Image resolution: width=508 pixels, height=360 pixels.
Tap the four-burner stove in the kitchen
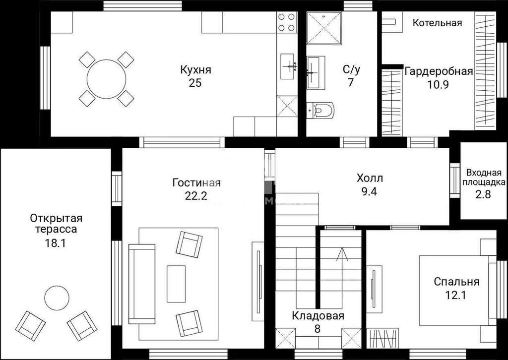coord(287,22)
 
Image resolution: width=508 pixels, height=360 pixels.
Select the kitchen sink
coord(287,66)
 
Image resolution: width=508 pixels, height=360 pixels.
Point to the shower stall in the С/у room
coord(324,28)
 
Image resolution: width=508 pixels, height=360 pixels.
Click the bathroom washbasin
coord(316,72)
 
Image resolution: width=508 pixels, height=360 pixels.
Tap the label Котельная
coord(438,23)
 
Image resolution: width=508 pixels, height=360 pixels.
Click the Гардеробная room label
coord(439,71)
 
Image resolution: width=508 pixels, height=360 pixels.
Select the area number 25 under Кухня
coord(195,83)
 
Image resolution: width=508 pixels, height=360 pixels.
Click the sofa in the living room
coord(142,284)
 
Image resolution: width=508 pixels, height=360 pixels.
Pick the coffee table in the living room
coord(176,284)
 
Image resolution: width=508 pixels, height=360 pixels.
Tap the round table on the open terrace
coord(57,298)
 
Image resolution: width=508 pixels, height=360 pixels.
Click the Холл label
coord(370,178)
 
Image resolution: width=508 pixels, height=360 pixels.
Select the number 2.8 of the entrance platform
coord(483,194)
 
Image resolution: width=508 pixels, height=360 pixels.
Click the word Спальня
coord(456,282)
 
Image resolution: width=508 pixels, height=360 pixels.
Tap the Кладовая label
coord(317,316)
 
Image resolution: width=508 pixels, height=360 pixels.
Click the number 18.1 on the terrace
coord(55,243)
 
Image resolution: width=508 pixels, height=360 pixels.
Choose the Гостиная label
coord(196,183)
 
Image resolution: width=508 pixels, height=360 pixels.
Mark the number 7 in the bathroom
coord(351,82)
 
